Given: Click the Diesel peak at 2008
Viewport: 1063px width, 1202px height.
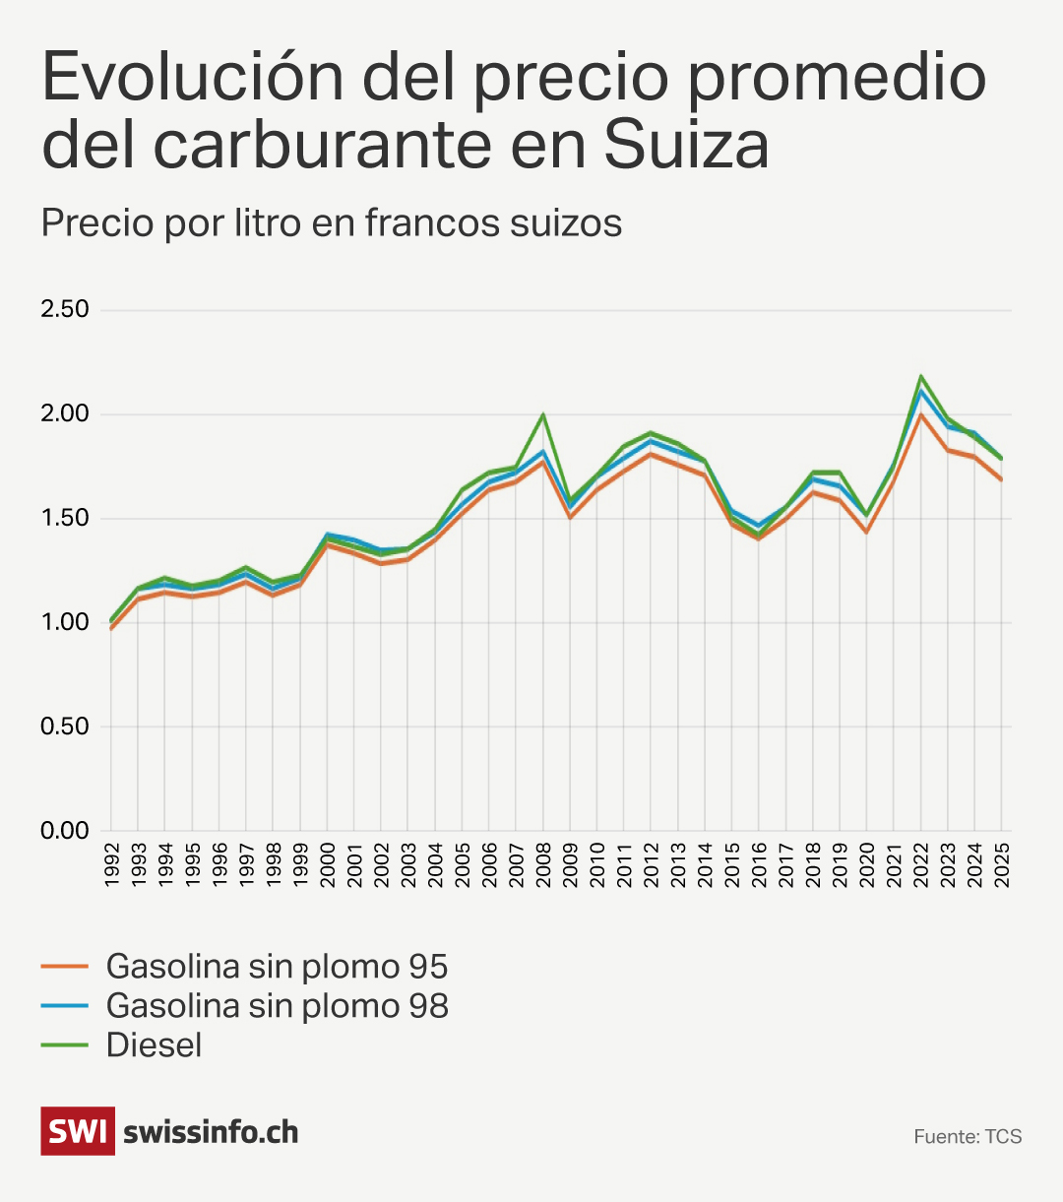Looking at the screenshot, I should (542, 414).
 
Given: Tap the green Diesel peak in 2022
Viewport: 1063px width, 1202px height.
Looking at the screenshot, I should (921, 376).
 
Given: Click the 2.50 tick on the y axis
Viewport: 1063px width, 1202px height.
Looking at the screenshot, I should (64, 309).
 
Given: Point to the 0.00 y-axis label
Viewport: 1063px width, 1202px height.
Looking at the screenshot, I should (64, 831).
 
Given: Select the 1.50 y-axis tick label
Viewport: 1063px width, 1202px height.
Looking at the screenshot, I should (64, 518).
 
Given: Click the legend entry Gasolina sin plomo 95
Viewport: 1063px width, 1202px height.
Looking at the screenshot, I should (277, 967).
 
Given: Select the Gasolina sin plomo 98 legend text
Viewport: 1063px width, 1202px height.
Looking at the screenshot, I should (277, 1006).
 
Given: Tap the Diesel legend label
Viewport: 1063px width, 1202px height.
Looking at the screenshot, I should (154, 1045).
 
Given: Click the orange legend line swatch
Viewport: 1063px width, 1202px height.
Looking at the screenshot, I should (65, 967).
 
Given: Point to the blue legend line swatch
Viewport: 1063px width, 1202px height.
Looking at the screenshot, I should (65, 1006).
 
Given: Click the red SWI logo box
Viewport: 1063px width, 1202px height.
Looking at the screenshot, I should (77, 1131).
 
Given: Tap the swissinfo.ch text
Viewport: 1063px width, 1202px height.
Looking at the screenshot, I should (211, 1132).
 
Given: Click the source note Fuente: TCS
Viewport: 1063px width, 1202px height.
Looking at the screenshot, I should (968, 1137).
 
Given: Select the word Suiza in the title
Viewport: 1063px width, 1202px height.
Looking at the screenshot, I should (686, 145).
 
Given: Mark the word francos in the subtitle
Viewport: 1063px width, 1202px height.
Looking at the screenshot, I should (432, 223).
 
